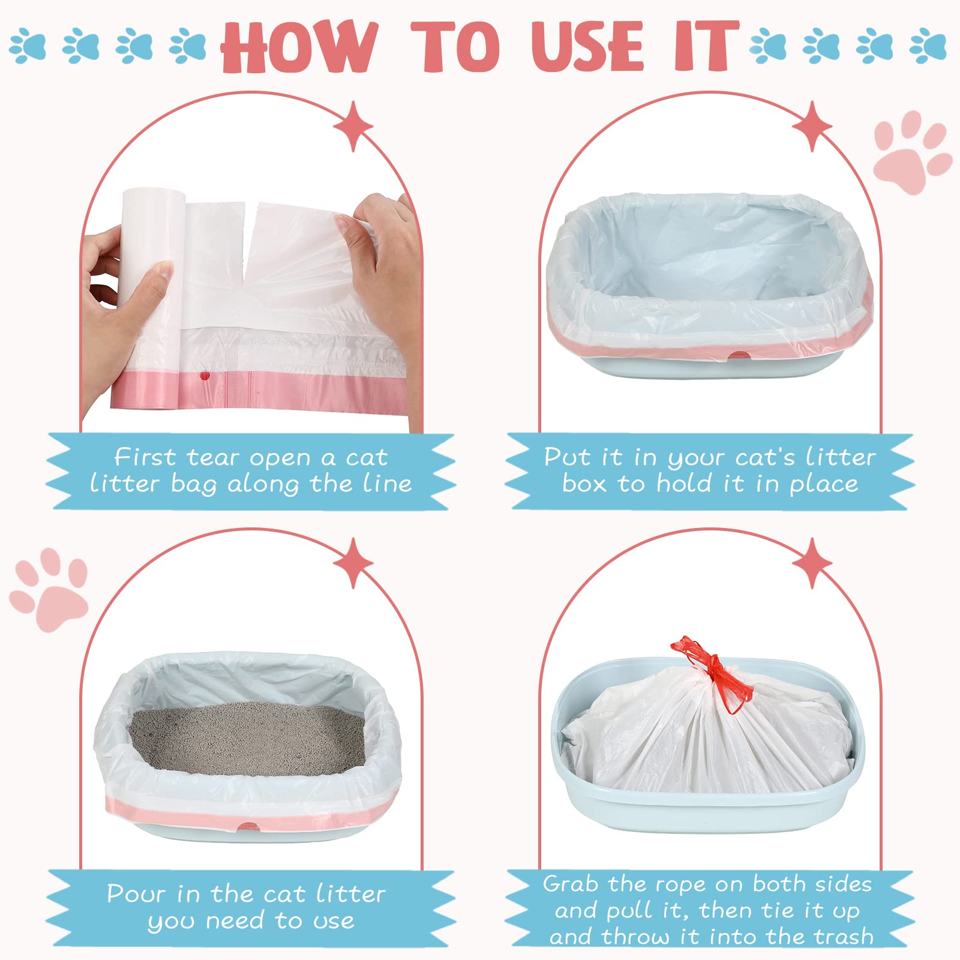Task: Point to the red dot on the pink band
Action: click(x=205, y=376)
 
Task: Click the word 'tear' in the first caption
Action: click(x=212, y=458)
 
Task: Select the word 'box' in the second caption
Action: click(x=584, y=483)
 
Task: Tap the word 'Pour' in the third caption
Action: click(x=136, y=893)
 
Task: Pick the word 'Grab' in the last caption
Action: click(x=570, y=884)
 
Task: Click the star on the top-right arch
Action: click(x=812, y=126)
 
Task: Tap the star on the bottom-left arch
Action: click(x=353, y=563)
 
